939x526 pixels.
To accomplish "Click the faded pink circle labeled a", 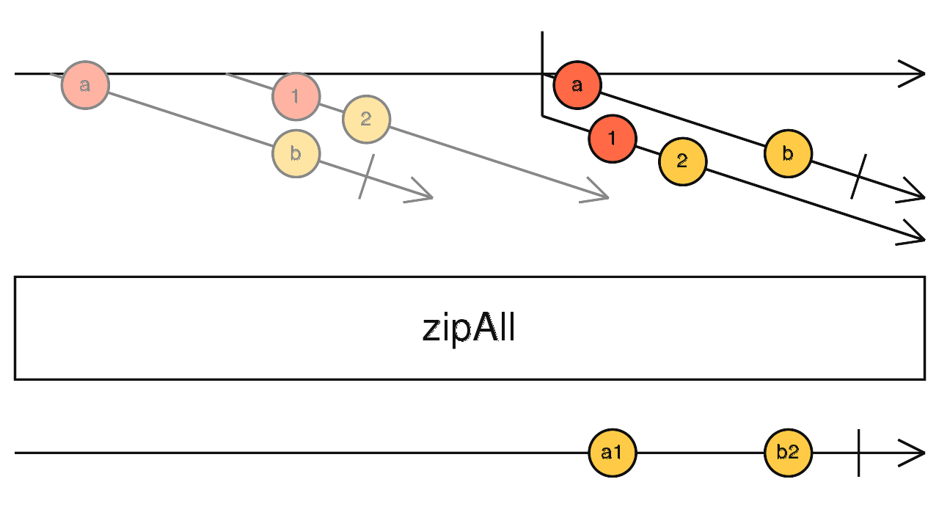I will [85, 85].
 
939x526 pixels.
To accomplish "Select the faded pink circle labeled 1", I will [296, 96].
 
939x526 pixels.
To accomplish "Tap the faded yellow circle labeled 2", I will [366, 119].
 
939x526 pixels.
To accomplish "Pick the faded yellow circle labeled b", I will [296, 153].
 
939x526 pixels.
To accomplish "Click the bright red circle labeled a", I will [577, 85].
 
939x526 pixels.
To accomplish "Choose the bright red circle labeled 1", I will [613, 138].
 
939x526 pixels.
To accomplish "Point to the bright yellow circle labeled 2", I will [682, 161].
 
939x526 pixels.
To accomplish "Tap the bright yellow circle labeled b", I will [788, 153].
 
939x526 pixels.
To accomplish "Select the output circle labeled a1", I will [612, 453].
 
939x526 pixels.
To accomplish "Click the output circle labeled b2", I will [788, 453].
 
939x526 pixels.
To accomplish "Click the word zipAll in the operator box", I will [469, 329].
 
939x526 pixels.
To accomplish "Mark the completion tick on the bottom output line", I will [858, 453].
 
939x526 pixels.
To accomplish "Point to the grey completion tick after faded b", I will [367, 177].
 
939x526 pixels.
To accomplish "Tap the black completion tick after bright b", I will [859, 177].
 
